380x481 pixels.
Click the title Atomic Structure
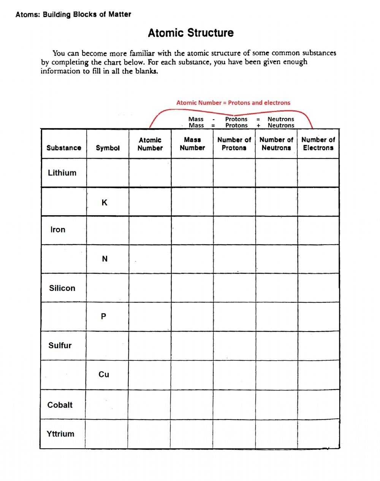point(190,33)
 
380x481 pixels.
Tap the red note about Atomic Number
point(233,102)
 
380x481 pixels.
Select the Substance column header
point(64,148)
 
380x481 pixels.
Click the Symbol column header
point(108,148)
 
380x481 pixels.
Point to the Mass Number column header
point(192,144)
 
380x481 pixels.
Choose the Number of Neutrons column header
point(276,144)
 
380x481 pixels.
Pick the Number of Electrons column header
point(318,144)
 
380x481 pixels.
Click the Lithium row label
point(62,173)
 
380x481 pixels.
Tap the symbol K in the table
point(104,203)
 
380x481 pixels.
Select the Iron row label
point(58,229)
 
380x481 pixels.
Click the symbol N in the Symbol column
point(104,259)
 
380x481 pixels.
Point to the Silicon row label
point(62,288)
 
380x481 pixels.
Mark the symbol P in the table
point(104,316)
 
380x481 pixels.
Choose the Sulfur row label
point(60,346)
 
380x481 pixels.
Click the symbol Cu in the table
point(104,374)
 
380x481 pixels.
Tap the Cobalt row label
point(60,405)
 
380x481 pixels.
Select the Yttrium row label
point(60,434)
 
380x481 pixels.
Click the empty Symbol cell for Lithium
point(108,173)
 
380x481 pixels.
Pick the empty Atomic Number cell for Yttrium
point(149,434)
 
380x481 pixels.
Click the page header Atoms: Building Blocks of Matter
point(73,14)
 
